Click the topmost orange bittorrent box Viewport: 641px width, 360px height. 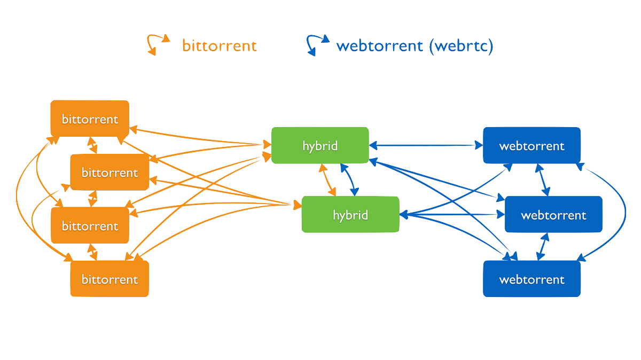90,119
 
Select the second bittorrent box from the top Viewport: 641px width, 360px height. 110,173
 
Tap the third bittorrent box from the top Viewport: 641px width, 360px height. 90,226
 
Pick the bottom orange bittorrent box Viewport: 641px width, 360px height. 110,279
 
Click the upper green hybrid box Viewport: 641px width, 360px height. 320,145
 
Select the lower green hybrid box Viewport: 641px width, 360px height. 350,215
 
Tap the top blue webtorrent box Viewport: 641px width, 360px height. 531,145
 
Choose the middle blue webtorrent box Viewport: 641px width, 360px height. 553,215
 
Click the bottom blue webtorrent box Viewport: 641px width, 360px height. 531,279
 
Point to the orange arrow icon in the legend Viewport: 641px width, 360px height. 158,44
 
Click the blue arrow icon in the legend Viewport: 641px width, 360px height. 317,45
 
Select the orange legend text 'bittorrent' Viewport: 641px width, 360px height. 220,46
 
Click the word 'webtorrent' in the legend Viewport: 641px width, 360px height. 379,46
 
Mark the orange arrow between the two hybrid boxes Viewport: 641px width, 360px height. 327,180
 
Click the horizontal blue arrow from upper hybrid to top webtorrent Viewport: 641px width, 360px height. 426,145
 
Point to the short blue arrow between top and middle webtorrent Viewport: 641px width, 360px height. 543,180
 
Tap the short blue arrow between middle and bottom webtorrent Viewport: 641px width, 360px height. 542,246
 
